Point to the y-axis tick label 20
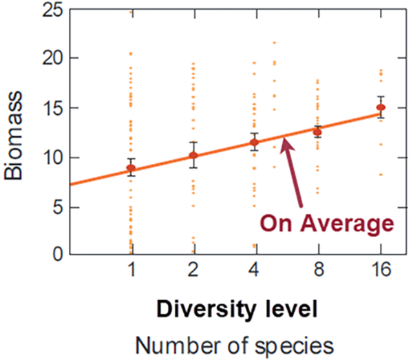tap(52, 59)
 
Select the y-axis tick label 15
tap(52, 108)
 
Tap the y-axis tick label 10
tap(52, 158)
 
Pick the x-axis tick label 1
tap(131, 271)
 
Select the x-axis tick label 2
tap(193, 271)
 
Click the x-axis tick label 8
tap(317, 271)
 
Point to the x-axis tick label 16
tap(380, 271)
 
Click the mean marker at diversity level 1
tap(131, 168)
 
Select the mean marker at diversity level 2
tap(193, 155)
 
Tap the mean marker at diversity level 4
tap(255, 142)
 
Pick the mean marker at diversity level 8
tap(317, 131)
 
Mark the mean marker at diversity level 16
tap(380, 107)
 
